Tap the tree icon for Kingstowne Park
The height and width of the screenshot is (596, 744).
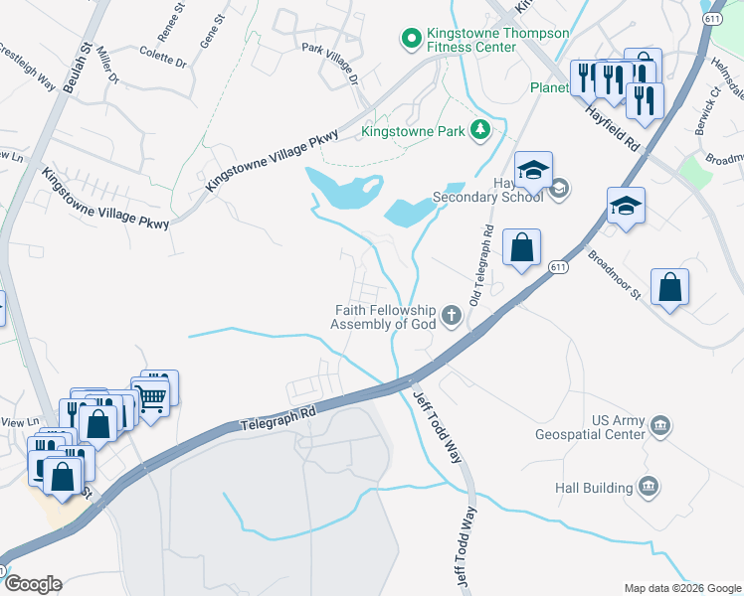click(x=479, y=129)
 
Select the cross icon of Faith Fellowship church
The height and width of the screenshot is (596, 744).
click(x=452, y=317)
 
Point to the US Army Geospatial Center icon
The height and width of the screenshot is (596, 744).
click(x=658, y=427)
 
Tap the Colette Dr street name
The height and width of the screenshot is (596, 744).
click(x=163, y=57)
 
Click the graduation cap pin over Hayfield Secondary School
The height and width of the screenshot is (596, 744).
click(x=533, y=170)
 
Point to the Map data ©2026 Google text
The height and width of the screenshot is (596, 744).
click(x=681, y=588)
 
